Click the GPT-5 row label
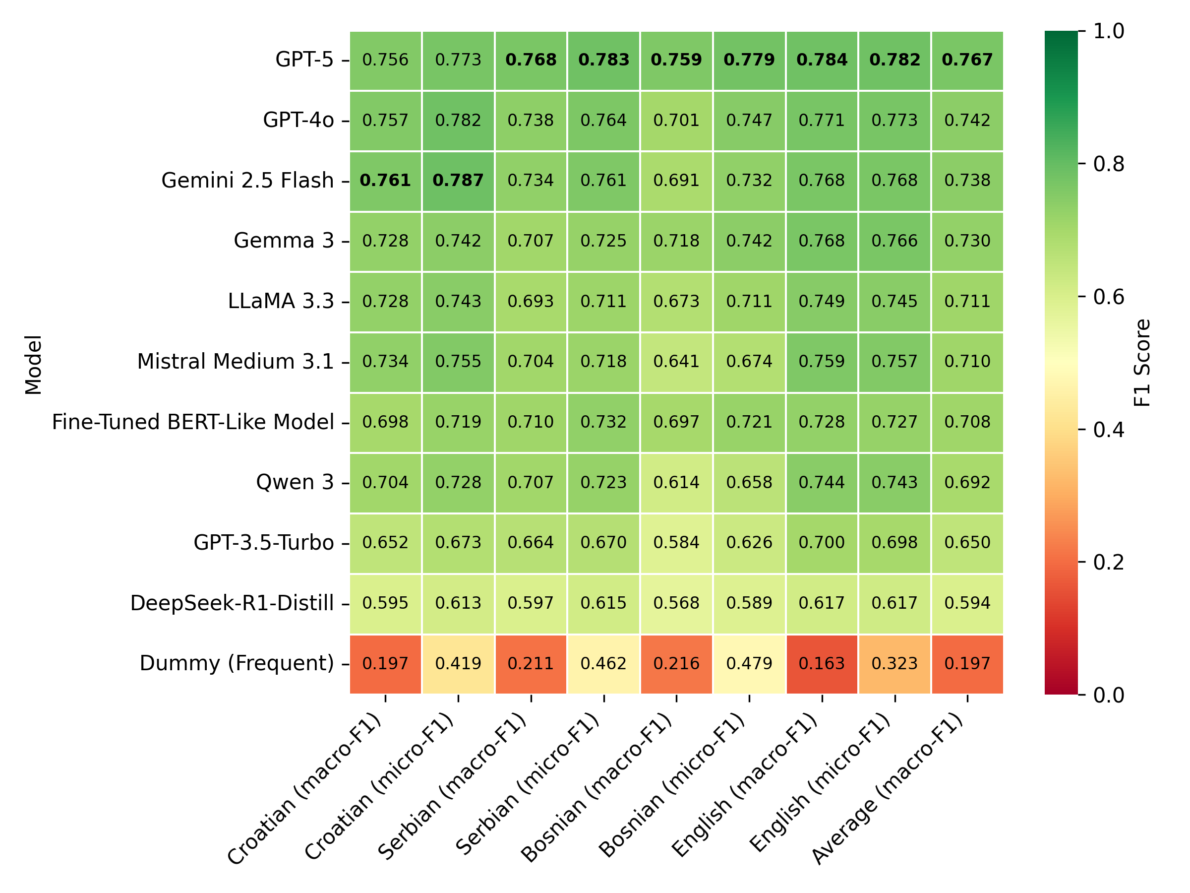coord(304,59)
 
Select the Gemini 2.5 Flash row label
coord(247,180)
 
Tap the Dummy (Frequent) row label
coord(237,663)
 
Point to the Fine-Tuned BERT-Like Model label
coord(192,422)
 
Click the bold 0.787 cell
coord(458,180)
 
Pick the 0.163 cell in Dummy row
coord(822,663)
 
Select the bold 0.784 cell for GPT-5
coord(822,59)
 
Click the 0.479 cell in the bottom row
coord(749,663)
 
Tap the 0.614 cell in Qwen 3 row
coord(676,482)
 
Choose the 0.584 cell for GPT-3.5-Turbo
coord(676,543)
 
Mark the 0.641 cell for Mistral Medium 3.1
coord(676,361)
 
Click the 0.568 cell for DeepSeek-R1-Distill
coord(676,603)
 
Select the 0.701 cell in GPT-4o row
coord(676,120)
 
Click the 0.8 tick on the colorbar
coord(1108,164)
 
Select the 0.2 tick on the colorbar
coord(1108,562)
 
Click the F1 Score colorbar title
coord(1141,363)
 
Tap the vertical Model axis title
coord(33,365)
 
